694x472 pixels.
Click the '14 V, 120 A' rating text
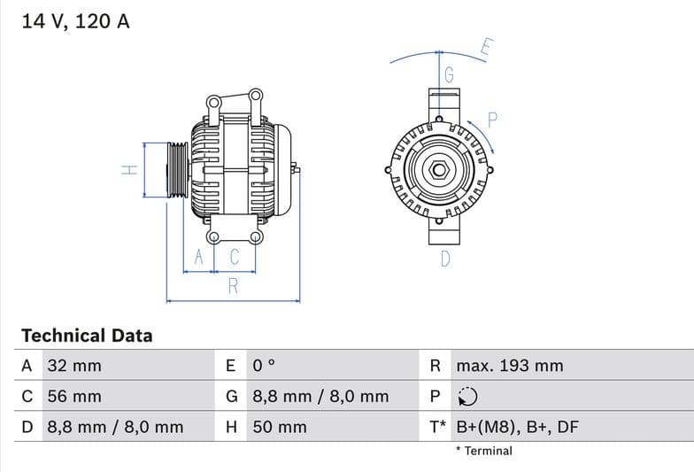pos(75,21)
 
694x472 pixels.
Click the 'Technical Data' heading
pos(87,336)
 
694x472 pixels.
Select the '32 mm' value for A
pos(73,366)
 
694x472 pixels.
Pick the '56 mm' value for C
pos(73,397)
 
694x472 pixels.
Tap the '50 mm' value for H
pos(280,427)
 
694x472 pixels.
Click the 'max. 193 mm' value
pos(509,366)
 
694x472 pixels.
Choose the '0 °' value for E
pos(265,366)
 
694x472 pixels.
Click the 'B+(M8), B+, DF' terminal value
pos(517,427)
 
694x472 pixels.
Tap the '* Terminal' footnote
pos(483,451)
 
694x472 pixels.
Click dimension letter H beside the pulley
pos(128,169)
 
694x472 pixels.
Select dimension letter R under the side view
pos(233,285)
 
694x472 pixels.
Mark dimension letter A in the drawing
pos(199,257)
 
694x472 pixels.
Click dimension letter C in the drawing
pos(235,257)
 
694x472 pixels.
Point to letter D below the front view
pos(445,259)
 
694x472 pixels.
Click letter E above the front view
pos(486,47)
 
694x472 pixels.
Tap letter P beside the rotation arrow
pos(493,120)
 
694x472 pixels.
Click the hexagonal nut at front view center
pos(440,169)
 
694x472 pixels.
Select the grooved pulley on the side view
pos(177,169)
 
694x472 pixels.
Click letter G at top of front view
pos(449,76)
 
